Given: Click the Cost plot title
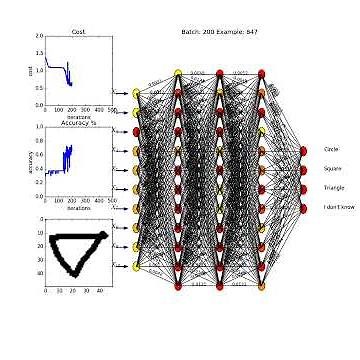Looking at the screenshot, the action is [x=78, y=31].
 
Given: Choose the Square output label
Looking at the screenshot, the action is [x=332, y=168].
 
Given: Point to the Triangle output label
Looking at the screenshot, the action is [x=333, y=187].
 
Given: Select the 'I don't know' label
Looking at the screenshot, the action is [x=337, y=207].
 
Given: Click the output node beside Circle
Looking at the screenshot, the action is [x=303, y=150].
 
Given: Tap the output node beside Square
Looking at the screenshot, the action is [x=303, y=169].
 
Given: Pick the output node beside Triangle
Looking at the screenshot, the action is [x=303, y=188].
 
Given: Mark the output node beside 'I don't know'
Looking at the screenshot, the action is [x=303, y=207].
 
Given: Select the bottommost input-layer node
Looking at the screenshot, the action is [x=136, y=265].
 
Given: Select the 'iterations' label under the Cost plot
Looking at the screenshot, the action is [x=78, y=118].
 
